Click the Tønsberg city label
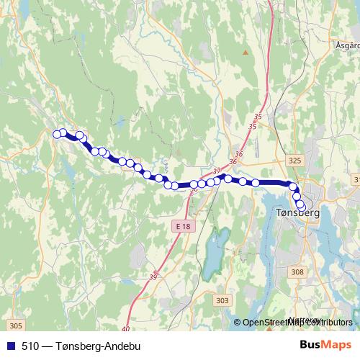coord(297,213)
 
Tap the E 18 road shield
coord(184,226)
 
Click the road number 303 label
coord(222,300)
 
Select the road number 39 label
coord(153,277)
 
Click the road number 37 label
coord(217,171)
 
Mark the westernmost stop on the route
coord(57,132)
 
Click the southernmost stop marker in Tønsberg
coord(301,209)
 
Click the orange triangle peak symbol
coord(246,52)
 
